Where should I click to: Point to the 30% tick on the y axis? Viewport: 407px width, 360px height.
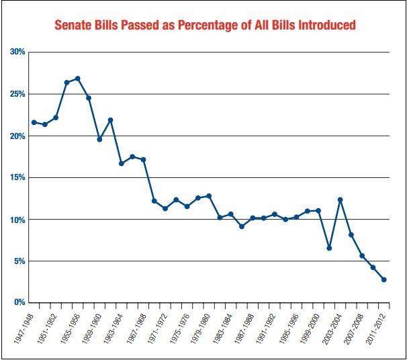(x=16, y=52)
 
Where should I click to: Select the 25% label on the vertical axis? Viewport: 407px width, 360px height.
(x=16, y=93)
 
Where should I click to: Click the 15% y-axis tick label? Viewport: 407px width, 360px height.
(x=16, y=177)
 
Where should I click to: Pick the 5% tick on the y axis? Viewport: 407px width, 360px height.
(x=18, y=261)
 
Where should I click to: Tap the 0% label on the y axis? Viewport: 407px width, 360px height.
(x=18, y=303)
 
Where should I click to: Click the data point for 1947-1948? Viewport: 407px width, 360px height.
(x=34, y=122)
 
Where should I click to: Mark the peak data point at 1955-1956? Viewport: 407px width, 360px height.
(x=77, y=79)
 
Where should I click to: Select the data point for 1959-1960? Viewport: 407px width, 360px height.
(x=99, y=139)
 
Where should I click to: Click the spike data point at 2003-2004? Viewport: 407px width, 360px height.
(x=341, y=199)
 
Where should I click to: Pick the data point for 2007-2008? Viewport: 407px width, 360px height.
(x=362, y=256)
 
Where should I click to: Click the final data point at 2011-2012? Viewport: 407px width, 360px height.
(x=384, y=279)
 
